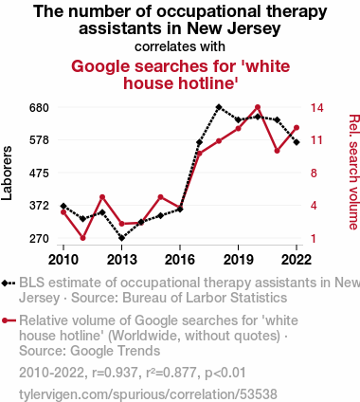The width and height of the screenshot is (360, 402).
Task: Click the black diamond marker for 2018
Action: (x=219, y=107)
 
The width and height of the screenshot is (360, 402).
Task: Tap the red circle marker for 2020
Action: (x=258, y=107)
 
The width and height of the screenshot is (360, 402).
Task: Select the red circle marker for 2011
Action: (x=83, y=238)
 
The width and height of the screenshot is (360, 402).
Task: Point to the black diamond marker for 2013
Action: (x=122, y=238)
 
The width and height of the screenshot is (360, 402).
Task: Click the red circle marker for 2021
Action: (x=277, y=151)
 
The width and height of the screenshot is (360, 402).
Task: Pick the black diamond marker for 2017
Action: (x=199, y=142)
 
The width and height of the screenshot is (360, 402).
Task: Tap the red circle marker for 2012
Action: (x=102, y=197)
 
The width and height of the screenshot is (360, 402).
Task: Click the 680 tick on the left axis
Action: (x=39, y=108)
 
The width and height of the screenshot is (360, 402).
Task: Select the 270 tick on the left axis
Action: (x=39, y=238)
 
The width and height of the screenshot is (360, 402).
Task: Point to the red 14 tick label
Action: (x=316, y=108)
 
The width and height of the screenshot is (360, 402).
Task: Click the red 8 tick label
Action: (x=314, y=174)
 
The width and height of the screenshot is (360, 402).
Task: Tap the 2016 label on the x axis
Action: (x=180, y=260)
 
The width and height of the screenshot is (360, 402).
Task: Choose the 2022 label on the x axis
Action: (x=297, y=260)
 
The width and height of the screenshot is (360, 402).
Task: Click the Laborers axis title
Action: (x=7, y=173)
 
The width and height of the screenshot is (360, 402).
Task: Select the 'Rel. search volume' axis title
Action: (x=354, y=173)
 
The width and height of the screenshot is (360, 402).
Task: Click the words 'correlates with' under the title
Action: (x=180, y=46)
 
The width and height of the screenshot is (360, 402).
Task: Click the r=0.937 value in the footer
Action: (x=115, y=373)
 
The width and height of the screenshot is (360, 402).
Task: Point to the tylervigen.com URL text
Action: (x=148, y=394)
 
